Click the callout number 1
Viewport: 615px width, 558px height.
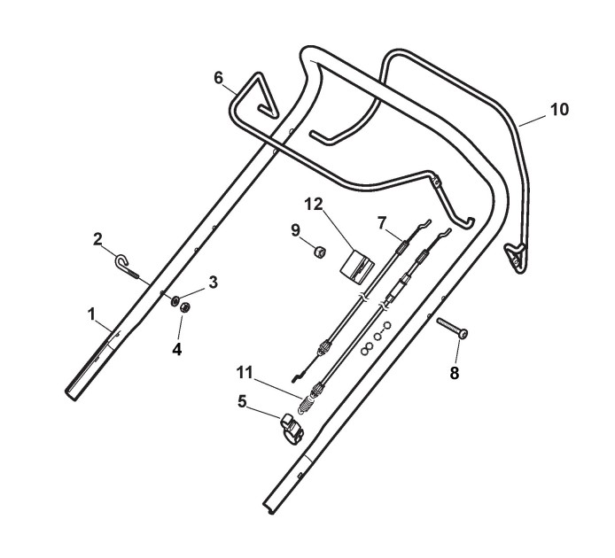pos(91,313)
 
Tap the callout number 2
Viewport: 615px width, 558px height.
pos(98,238)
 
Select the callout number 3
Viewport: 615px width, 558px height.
pos(212,283)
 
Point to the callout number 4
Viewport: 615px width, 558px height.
pos(177,349)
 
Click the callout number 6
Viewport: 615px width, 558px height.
pos(218,77)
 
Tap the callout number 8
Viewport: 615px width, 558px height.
pos(455,373)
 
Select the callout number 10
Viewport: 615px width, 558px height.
pos(559,110)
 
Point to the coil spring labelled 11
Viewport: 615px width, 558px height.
pos(306,403)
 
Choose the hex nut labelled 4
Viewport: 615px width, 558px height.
pos(186,307)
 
